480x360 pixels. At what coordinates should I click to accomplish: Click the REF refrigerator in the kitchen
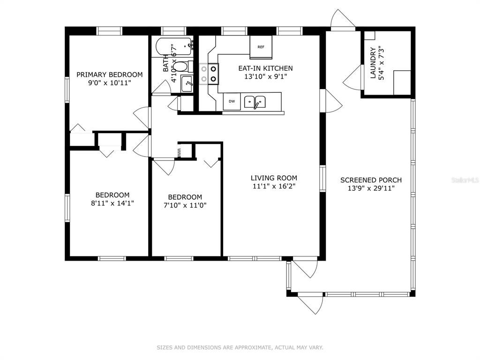click(x=261, y=47)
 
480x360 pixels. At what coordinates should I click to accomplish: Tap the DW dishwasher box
click(x=232, y=101)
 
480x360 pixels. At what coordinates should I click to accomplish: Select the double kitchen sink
click(x=255, y=102)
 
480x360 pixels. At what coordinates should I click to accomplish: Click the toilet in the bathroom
click(x=183, y=67)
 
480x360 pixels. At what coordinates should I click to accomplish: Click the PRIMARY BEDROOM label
click(x=109, y=75)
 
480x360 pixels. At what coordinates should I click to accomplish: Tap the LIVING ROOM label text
click(x=274, y=178)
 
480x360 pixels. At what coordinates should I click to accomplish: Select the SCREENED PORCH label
click(x=371, y=180)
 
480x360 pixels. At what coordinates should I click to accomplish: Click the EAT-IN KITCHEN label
click(x=265, y=68)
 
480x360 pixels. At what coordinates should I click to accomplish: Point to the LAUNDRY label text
click(x=373, y=63)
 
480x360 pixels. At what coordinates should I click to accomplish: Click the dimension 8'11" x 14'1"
click(x=112, y=203)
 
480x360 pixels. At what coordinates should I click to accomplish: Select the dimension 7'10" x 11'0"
click(x=185, y=205)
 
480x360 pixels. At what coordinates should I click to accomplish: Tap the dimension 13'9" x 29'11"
click(x=371, y=188)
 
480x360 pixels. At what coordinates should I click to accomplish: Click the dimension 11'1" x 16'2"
click(x=274, y=186)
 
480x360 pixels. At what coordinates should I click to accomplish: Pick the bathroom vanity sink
click(x=187, y=83)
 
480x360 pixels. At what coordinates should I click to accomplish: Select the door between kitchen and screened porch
click(x=331, y=100)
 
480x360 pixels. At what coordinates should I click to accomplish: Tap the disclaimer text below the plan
click(x=240, y=347)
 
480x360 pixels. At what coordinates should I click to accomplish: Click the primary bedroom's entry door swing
click(x=142, y=118)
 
